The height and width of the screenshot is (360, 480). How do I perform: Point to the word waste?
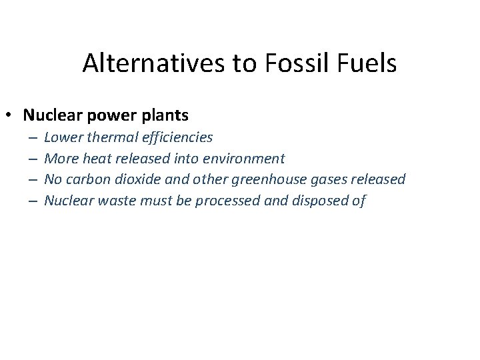(117, 200)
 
